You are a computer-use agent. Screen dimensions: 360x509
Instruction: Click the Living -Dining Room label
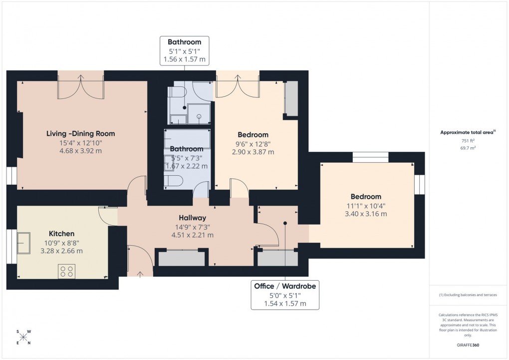coord(80,133)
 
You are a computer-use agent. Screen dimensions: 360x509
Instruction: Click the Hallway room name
coord(193,218)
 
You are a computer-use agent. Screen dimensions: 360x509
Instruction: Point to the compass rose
coord(24,337)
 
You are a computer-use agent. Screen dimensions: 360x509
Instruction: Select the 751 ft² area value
coord(468,141)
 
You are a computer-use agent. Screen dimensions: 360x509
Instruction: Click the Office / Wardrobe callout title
coord(284,286)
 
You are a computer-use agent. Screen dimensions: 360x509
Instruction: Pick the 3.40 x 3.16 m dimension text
coord(365,214)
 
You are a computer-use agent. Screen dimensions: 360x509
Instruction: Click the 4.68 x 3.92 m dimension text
coord(80,151)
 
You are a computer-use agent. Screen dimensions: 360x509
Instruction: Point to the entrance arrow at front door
coord(139,273)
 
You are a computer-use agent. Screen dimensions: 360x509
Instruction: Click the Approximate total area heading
coord(467,132)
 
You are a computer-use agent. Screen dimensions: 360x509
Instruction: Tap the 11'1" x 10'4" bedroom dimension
coord(365,205)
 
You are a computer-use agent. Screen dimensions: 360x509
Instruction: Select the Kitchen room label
coord(61,234)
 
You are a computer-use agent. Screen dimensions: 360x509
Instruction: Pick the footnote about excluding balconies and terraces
coord(468,295)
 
